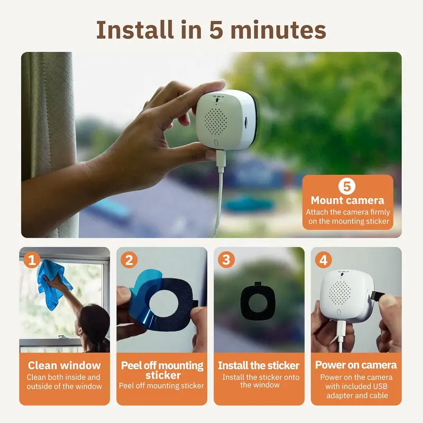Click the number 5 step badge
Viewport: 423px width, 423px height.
coord(347,187)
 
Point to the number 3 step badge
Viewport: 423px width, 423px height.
coord(226,260)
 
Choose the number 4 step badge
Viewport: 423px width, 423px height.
coord(323,260)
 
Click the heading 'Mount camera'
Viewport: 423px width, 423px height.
coord(347,200)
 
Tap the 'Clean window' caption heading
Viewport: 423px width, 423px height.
coord(65,365)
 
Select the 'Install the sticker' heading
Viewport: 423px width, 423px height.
coord(259,365)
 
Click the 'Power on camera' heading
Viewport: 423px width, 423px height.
coord(356,365)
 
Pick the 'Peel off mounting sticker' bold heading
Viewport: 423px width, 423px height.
coord(162,370)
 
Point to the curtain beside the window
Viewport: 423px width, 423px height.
coord(48,132)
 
